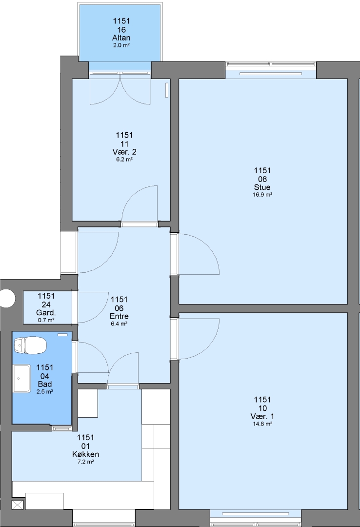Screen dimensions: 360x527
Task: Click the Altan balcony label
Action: click(121, 38)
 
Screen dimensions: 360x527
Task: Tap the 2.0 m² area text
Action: click(121, 45)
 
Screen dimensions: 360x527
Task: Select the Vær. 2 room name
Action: click(124, 152)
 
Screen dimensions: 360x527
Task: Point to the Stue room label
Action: click(262, 187)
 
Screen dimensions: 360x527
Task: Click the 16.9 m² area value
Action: click(262, 195)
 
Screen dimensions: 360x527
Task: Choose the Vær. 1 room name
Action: click(262, 417)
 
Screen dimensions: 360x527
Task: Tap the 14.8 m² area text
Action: click(262, 424)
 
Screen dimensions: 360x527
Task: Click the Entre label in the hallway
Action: click(119, 316)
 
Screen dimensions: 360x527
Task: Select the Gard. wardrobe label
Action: click(46, 313)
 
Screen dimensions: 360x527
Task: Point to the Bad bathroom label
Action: click(45, 384)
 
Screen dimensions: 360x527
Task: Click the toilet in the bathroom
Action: click(30, 346)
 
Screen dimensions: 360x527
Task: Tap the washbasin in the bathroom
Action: click(22, 379)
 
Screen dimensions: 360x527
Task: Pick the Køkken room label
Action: click(85, 454)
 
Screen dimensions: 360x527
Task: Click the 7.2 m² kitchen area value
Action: click(85, 462)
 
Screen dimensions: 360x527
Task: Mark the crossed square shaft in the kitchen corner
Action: click(18, 505)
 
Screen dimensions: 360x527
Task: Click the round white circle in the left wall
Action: click(7, 298)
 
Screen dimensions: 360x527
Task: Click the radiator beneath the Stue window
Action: click(271, 74)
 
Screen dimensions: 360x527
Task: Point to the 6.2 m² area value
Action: click(124, 159)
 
